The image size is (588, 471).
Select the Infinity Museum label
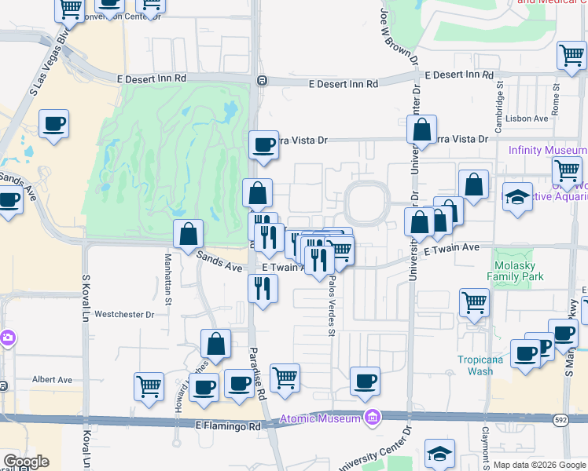(547, 150)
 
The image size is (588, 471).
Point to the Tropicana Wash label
(476, 365)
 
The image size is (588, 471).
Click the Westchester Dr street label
(124, 314)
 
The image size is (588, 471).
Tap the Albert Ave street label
(52, 380)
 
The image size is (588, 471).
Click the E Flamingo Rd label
(228, 426)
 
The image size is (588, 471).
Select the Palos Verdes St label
(332, 305)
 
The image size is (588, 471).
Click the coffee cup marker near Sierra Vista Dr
(263, 144)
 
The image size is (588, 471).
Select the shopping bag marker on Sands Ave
(189, 233)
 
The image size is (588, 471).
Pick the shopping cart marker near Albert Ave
(149, 385)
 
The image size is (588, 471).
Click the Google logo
(26, 462)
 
